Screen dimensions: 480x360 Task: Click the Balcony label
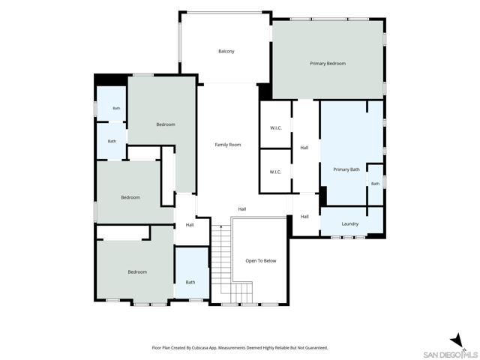pos(226,52)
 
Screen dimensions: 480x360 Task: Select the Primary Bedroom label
pos(328,64)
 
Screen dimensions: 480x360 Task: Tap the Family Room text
pos(228,145)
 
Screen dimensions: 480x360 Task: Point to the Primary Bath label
pos(346,169)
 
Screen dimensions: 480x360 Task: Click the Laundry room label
pos(350,224)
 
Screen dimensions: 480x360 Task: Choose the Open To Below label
pos(261,261)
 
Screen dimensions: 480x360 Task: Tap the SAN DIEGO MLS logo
pos(450,355)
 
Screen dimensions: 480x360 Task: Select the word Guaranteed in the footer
pos(317,348)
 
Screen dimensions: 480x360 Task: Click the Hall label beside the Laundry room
pos(304,217)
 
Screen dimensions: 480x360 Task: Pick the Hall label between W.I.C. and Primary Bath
pos(304,148)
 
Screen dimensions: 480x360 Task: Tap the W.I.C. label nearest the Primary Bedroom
pos(276,128)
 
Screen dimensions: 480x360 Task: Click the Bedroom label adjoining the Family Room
pos(166,124)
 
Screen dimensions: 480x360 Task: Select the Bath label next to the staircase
pos(190,282)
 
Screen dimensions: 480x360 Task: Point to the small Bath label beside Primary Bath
pos(375,184)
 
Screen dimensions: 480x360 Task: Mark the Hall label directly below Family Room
pos(242,209)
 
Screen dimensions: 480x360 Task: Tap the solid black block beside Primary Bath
pos(323,196)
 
